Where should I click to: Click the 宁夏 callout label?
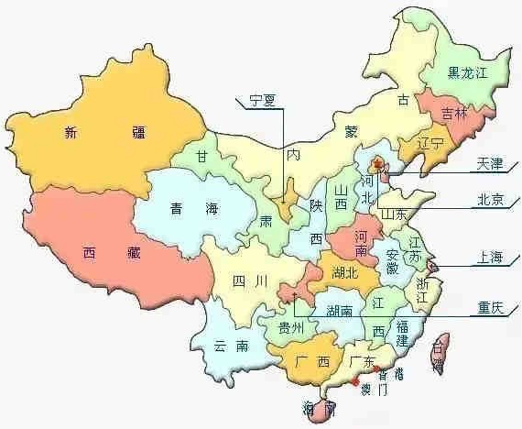261,102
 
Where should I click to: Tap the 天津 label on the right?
489,165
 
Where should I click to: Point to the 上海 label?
489,258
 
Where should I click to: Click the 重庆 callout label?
489,308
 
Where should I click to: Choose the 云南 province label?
231,346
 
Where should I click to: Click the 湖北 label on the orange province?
341,272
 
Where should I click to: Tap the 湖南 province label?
342,309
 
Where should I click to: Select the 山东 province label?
395,213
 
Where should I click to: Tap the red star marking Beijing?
375,164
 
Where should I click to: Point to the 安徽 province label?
392,262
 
